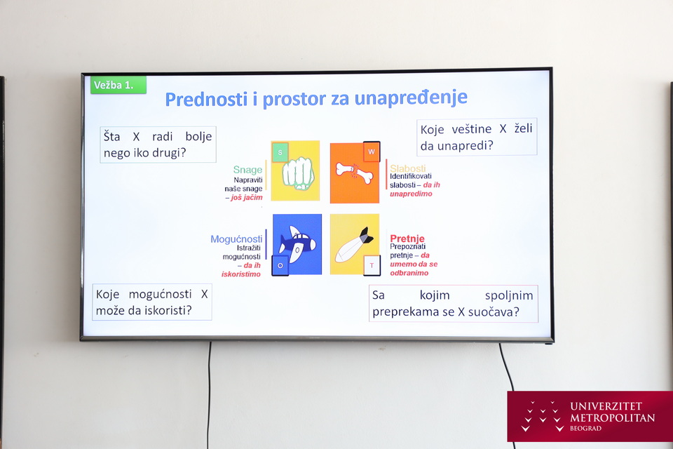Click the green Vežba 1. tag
pos(118,85)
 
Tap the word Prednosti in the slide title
pos(206,99)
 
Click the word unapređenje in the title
pos(411,98)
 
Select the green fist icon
pos(298,173)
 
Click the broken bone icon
pos(354,172)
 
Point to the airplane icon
pos(297,243)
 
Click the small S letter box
pos(280,152)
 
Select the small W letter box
pos(372,152)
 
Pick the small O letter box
pos(280,265)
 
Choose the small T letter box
pos(372,265)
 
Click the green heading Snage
pos(247,170)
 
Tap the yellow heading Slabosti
pos(408,168)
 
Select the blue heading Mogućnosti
pos(236,239)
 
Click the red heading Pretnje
pos(407,239)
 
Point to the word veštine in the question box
pos(471,129)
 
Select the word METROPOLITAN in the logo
pos(613,417)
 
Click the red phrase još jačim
pos(246,198)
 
